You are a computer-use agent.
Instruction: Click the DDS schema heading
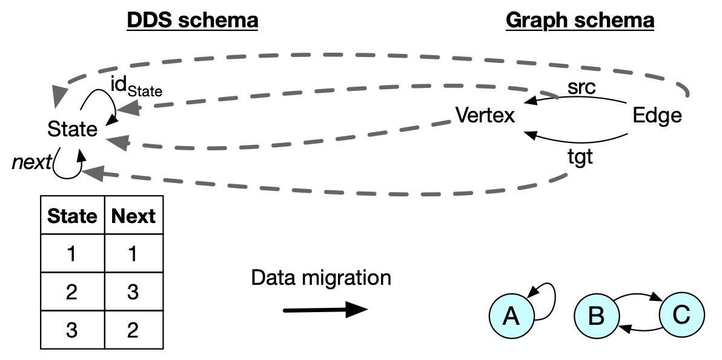pyautogui.click(x=192, y=21)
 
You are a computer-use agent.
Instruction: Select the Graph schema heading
pyautogui.click(x=580, y=21)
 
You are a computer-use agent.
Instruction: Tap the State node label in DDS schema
pyautogui.click(x=73, y=129)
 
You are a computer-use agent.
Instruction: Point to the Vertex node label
pyautogui.click(x=485, y=115)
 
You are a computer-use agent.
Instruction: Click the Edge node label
pyautogui.click(x=657, y=115)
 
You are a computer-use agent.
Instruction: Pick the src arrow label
pyautogui.click(x=581, y=87)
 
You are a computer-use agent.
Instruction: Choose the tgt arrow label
pyautogui.click(x=580, y=159)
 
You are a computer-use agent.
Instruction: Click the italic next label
pyautogui.click(x=31, y=163)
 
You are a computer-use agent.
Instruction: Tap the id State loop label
pyautogui.click(x=136, y=87)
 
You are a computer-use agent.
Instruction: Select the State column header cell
pyautogui.click(x=72, y=216)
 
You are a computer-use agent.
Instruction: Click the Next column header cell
pyautogui.click(x=133, y=216)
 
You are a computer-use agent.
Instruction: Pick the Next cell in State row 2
pyautogui.click(x=133, y=292)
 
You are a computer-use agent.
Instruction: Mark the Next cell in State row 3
pyautogui.click(x=133, y=330)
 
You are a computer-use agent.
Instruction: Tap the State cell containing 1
pyautogui.click(x=72, y=254)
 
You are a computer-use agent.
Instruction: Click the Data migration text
pyautogui.click(x=321, y=278)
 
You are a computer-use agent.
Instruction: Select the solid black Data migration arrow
pyautogui.click(x=325, y=310)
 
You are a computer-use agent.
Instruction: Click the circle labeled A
pyautogui.click(x=512, y=316)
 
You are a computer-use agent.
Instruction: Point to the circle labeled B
pyautogui.click(x=597, y=316)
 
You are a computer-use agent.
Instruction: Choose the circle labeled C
pyautogui.click(x=681, y=315)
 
